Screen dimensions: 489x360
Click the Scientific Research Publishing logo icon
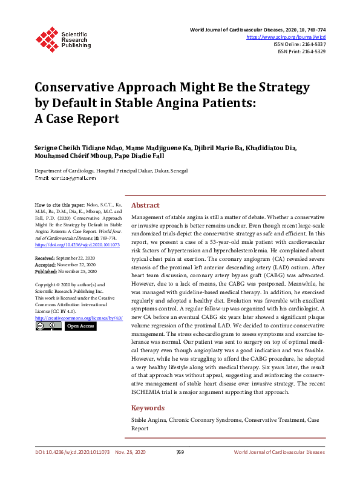47,38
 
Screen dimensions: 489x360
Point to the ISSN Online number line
299,44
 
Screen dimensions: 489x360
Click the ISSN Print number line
301,51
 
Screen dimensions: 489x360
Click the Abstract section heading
145,205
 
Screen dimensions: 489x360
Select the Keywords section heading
148,407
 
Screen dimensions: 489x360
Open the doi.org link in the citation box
73,246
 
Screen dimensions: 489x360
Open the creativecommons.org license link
79,317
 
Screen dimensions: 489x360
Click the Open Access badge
80,326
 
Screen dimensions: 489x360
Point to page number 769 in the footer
180,452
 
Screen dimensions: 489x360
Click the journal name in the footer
279,452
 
